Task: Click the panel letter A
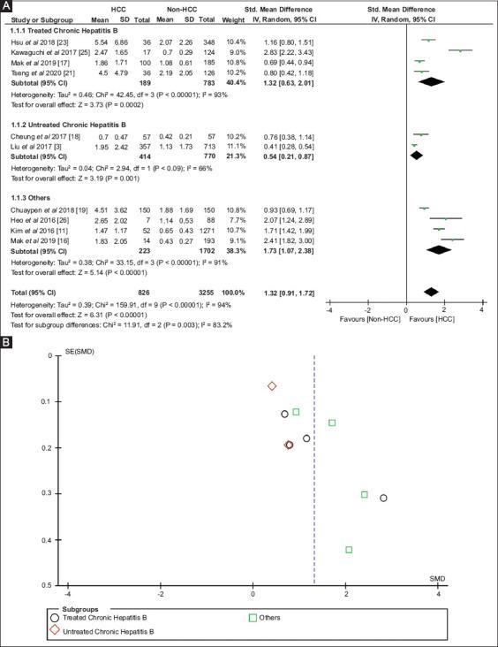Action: pos(7,7)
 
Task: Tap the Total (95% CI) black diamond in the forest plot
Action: pos(430,291)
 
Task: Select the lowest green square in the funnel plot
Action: pos(349,550)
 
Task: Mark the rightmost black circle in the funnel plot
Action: pos(383,499)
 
